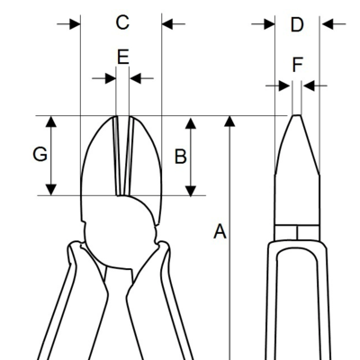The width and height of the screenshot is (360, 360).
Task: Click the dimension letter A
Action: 220,231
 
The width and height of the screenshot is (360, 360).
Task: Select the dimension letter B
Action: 181,157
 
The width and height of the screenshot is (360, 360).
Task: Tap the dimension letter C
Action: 122,22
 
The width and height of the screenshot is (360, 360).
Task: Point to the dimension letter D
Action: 297,24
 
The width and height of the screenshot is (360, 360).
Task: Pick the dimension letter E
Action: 123,57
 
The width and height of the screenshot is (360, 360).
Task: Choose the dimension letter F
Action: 297,65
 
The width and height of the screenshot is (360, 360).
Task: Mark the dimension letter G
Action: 40,155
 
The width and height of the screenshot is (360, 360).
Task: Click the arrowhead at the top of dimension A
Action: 229,121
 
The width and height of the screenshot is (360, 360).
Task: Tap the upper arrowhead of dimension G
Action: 52,121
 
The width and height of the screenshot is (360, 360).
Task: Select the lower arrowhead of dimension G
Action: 52,190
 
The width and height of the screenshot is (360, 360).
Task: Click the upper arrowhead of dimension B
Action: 191,123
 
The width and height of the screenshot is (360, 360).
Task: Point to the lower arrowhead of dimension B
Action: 191,191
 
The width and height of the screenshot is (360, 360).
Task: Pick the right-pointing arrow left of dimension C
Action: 68,23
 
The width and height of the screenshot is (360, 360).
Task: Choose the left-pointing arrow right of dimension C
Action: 174,23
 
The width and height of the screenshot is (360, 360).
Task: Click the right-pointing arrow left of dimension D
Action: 263,23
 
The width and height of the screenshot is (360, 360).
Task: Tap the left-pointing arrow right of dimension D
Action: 333,23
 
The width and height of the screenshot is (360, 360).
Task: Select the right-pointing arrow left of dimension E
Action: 103,78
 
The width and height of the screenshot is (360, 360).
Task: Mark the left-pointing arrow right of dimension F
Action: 314,85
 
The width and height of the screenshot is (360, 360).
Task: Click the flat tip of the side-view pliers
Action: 297,115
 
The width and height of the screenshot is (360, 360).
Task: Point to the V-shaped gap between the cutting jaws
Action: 122,156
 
